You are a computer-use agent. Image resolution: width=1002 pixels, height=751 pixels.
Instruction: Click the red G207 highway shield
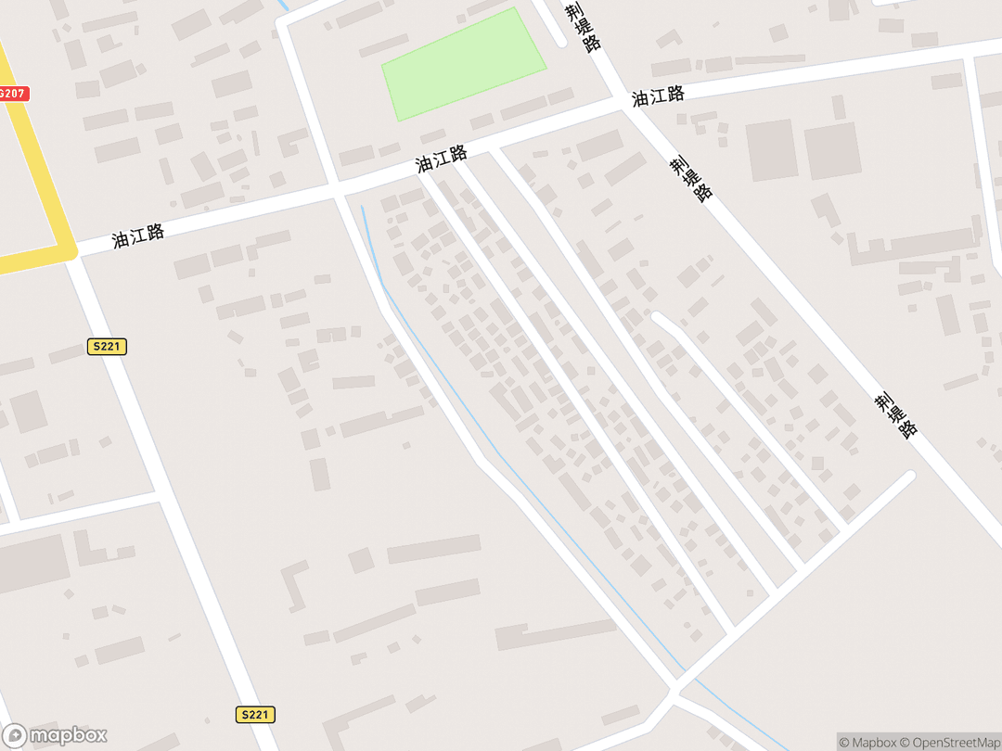13,94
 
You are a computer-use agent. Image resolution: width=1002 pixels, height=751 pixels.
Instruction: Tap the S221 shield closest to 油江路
108,347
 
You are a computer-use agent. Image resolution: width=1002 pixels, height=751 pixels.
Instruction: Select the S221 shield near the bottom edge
254,714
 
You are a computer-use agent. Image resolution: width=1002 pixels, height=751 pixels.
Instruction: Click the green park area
463,64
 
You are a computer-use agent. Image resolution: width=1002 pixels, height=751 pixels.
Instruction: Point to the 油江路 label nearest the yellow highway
138,235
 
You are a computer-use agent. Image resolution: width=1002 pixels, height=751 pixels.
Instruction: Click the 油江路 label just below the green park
441,159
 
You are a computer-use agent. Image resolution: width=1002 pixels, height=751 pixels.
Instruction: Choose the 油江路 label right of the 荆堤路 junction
659,95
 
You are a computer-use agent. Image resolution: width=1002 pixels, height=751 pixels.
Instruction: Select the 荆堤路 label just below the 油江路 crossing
692,178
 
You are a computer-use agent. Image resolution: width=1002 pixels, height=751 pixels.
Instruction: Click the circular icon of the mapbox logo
15,735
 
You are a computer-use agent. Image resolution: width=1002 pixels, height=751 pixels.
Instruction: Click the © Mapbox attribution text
867,742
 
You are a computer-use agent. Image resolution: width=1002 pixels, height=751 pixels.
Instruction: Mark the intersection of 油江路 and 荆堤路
625,103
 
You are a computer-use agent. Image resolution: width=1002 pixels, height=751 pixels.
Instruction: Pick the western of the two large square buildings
772,150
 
